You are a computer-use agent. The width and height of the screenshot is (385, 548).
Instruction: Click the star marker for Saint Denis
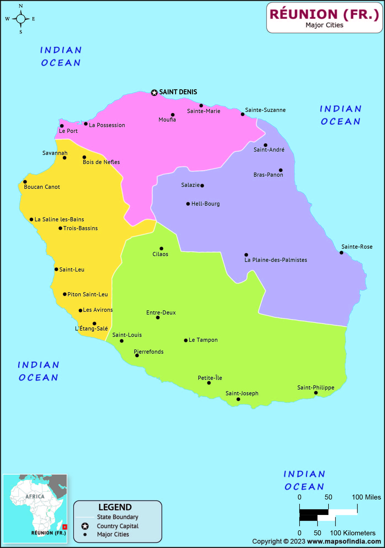(x=154, y=93)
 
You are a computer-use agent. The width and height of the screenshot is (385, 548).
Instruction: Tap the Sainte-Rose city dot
(x=341, y=252)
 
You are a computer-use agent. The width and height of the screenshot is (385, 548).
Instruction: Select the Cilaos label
(x=160, y=254)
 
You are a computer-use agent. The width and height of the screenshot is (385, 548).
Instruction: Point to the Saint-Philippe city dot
(x=316, y=393)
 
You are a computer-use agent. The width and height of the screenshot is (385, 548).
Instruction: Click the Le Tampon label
(x=203, y=340)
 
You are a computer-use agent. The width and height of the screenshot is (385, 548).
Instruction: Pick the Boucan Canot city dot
(x=25, y=182)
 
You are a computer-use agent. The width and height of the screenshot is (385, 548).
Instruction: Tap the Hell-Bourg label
(x=205, y=204)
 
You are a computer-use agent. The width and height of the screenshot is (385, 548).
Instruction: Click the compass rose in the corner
(x=21, y=19)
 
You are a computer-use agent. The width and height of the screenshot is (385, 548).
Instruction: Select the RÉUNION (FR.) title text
(x=324, y=14)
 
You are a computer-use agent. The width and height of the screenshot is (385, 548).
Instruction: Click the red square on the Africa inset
(x=65, y=527)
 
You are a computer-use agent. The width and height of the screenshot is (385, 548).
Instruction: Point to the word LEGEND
(x=115, y=507)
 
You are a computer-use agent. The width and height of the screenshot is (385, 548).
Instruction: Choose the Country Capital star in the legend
(x=85, y=526)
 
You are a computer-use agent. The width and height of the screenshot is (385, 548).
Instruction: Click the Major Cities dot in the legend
(x=85, y=534)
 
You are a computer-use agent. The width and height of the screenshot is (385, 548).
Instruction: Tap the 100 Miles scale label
(x=366, y=497)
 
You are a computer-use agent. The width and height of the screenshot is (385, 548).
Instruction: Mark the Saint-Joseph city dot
(x=238, y=399)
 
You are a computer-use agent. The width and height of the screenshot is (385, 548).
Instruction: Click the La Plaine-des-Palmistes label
(x=276, y=260)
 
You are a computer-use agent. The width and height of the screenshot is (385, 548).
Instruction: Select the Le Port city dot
(x=62, y=126)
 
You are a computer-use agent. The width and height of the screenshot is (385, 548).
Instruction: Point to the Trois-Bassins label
(x=80, y=228)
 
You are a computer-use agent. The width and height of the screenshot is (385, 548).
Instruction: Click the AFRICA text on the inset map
(x=35, y=496)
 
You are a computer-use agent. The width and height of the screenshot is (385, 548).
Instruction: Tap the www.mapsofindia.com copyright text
(x=344, y=541)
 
